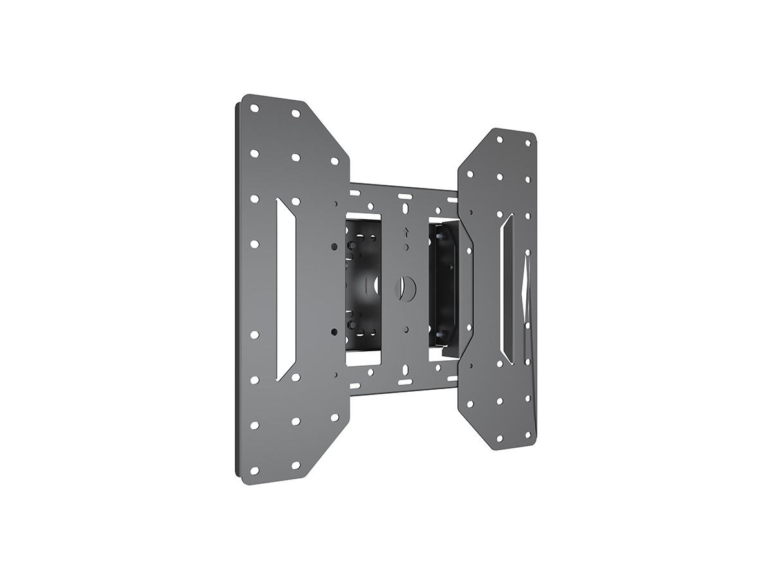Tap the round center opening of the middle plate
(x=405, y=284)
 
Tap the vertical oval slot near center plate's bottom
(x=405, y=369)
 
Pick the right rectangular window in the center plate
(x=443, y=287)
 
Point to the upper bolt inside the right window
(x=439, y=237)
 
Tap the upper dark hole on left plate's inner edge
(x=333, y=246)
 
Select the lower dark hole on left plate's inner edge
(x=333, y=331)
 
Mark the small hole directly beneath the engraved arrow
(x=405, y=246)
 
